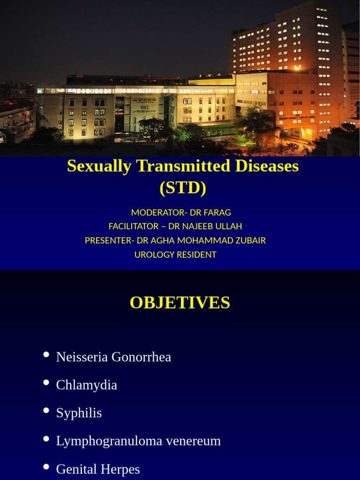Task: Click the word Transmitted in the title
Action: [x=184, y=166]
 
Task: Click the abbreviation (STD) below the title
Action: [x=183, y=188]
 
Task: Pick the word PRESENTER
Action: [x=107, y=240]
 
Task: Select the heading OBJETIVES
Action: [x=180, y=303]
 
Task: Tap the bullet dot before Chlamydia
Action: [x=46, y=382]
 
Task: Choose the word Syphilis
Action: [x=79, y=413]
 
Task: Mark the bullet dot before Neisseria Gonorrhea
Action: [x=46, y=354]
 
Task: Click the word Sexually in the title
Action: [x=99, y=166]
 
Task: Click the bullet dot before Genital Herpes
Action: [x=46, y=467]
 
